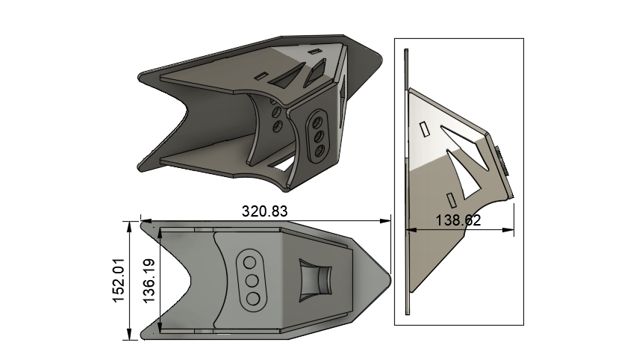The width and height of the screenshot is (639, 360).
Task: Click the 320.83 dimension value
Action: tap(264, 211)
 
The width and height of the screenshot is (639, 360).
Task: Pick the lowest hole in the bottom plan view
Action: tap(254, 298)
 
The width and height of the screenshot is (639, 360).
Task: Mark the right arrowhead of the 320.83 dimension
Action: tap(387, 221)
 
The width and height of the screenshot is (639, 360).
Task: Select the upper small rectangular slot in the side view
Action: tap(424, 130)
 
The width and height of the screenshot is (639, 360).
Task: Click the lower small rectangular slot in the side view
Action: tap(451, 198)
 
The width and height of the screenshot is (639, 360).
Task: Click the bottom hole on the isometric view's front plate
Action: tap(319, 151)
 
